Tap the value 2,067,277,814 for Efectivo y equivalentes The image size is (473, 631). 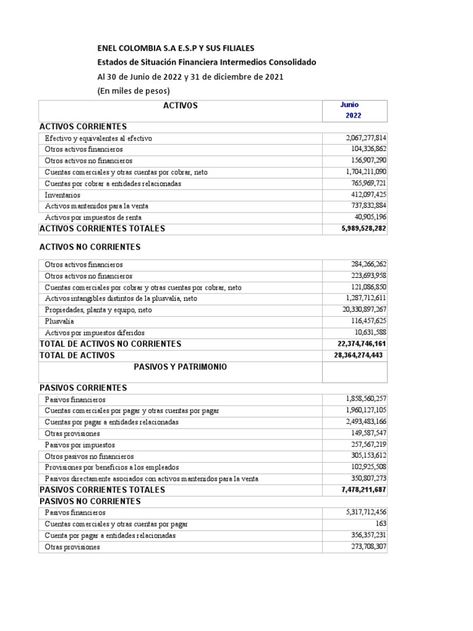click(x=366, y=139)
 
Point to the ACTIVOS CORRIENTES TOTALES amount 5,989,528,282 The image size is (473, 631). click(x=363, y=229)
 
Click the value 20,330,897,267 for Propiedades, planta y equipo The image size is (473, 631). click(x=363, y=310)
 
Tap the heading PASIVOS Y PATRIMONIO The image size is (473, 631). click(x=180, y=367)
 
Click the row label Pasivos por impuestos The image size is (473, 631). click(x=79, y=445)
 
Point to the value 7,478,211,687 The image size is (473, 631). click(x=363, y=490)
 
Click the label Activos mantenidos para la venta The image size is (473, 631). click(x=97, y=206)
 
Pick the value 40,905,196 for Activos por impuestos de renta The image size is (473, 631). click(x=371, y=218)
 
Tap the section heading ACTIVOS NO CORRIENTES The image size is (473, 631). click(x=90, y=247)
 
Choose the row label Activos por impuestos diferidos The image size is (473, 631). click(x=95, y=332)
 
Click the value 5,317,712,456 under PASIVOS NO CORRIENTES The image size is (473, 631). click(x=366, y=512)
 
